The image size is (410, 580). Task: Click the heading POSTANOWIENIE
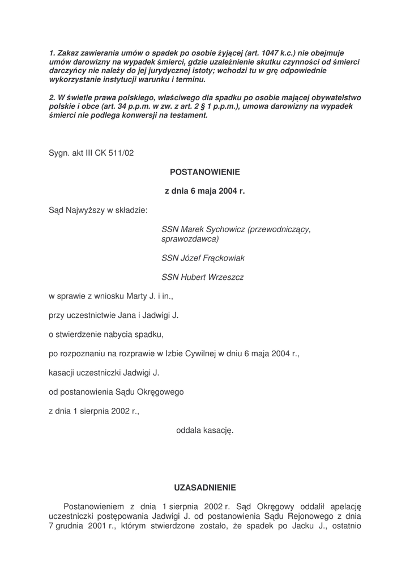(205, 171)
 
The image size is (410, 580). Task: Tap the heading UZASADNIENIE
(205, 487)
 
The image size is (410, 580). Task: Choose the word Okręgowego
(157, 391)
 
